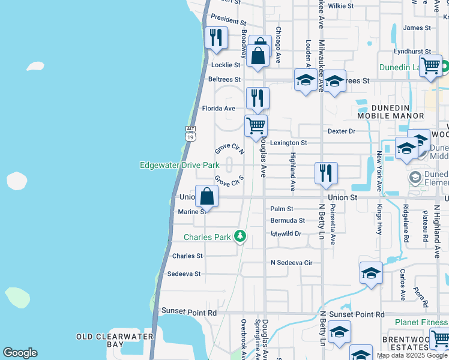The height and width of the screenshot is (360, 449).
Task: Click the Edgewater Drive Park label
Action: tap(179, 165)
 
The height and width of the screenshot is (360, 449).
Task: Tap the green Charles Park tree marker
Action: tap(240, 236)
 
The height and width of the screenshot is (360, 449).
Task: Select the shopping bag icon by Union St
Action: tap(206, 196)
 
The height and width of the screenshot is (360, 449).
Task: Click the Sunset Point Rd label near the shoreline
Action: tap(189, 313)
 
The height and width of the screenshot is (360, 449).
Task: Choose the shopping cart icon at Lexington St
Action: tap(256, 126)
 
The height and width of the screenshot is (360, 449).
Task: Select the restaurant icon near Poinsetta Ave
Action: tap(326, 173)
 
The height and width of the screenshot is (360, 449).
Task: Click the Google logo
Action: tap(20, 352)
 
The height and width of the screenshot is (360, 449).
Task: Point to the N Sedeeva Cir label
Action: tap(292, 263)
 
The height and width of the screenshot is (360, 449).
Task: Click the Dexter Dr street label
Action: tap(342, 131)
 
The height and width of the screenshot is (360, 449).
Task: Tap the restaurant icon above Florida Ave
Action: tap(258, 98)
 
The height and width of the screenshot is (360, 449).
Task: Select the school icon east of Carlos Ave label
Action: tap(371, 273)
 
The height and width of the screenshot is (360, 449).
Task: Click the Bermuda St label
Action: tap(288, 221)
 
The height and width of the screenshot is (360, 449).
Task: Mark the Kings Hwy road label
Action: tap(379, 220)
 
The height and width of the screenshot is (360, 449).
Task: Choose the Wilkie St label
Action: tap(341, 5)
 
